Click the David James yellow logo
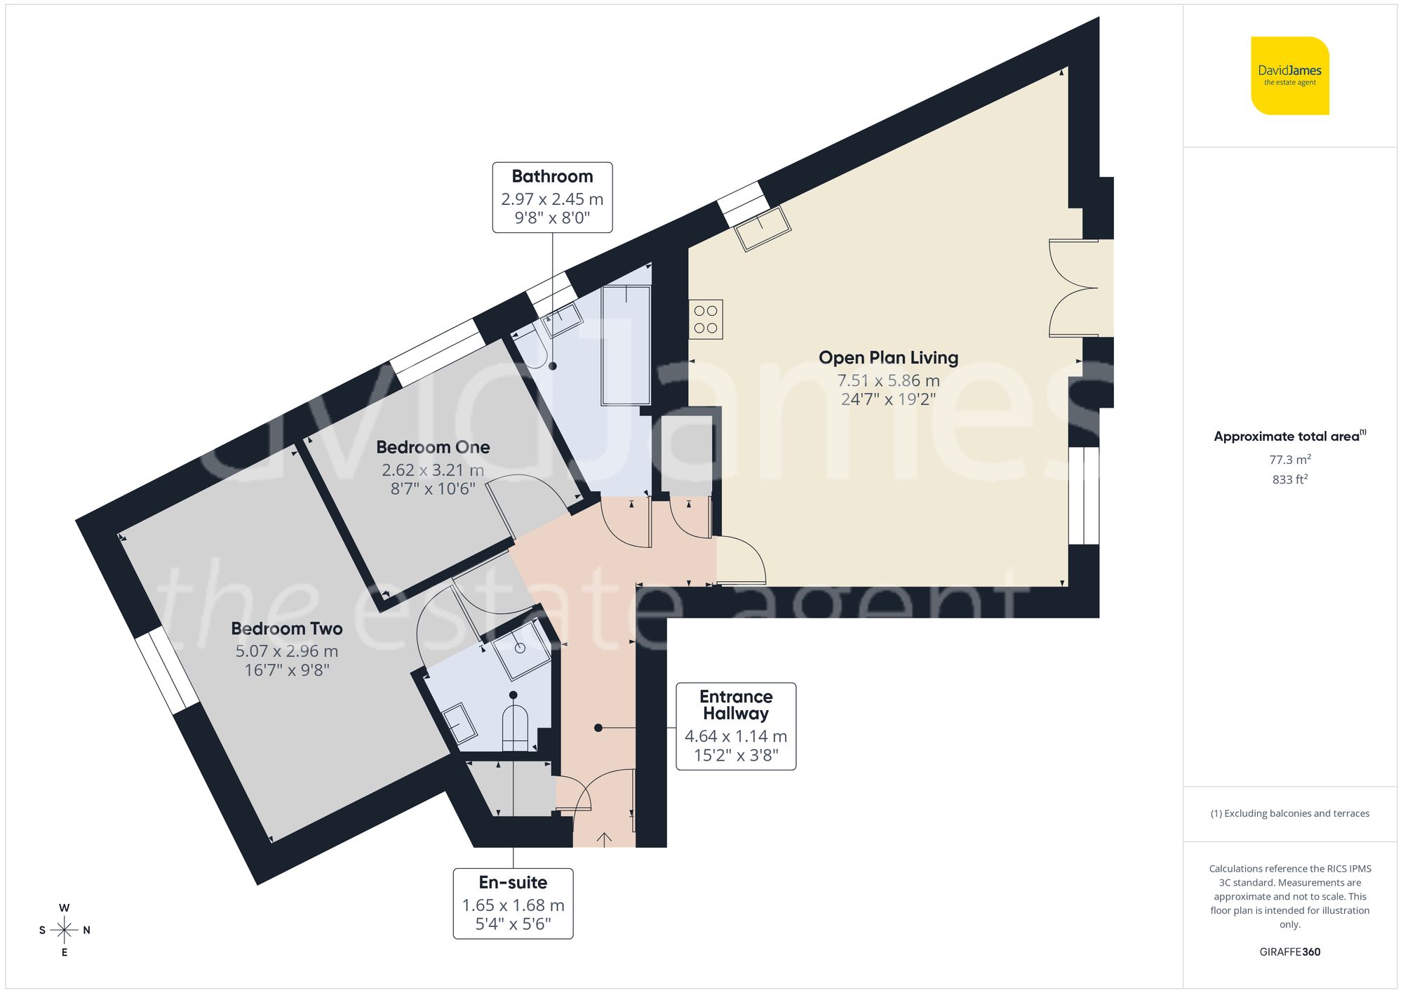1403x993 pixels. [x=1289, y=76]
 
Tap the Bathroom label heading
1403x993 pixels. [x=552, y=176]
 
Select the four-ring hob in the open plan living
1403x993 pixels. [x=706, y=320]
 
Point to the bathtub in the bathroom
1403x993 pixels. [x=626, y=345]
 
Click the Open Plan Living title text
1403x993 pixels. [x=888, y=358]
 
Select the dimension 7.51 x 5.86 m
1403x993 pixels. [x=888, y=380]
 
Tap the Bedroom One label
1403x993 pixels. [x=433, y=447]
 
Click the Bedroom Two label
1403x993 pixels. [x=287, y=629]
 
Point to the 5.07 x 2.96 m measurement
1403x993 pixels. [x=287, y=651]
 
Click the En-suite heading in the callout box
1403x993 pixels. [x=513, y=882]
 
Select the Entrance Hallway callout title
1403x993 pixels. [x=736, y=705]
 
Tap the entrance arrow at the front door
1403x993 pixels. [x=604, y=838]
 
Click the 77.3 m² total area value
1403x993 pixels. [x=1289, y=460]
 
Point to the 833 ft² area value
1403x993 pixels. [x=1289, y=480]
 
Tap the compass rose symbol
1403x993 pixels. [x=65, y=931]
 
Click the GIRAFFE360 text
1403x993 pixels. [x=1289, y=952]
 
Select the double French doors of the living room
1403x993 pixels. [x=1073, y=288]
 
